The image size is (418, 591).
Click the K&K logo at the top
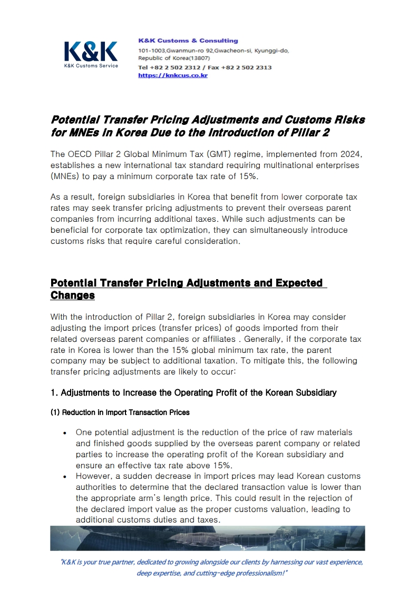point(91,52)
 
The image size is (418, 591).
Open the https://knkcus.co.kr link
point(172,75)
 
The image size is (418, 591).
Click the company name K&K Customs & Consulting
point(188,41)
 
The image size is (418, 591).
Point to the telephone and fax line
point(205,67)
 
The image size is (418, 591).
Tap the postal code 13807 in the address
point(200,58)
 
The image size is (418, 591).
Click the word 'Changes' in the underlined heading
point(72,295)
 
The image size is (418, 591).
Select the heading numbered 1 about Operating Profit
point(193,392)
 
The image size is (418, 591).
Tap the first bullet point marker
point(64,433)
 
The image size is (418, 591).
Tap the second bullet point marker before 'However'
point(64,477)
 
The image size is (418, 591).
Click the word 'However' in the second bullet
point(93,476)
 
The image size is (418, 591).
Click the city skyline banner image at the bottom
point(208,538)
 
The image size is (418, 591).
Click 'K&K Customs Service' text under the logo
point(91,66)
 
